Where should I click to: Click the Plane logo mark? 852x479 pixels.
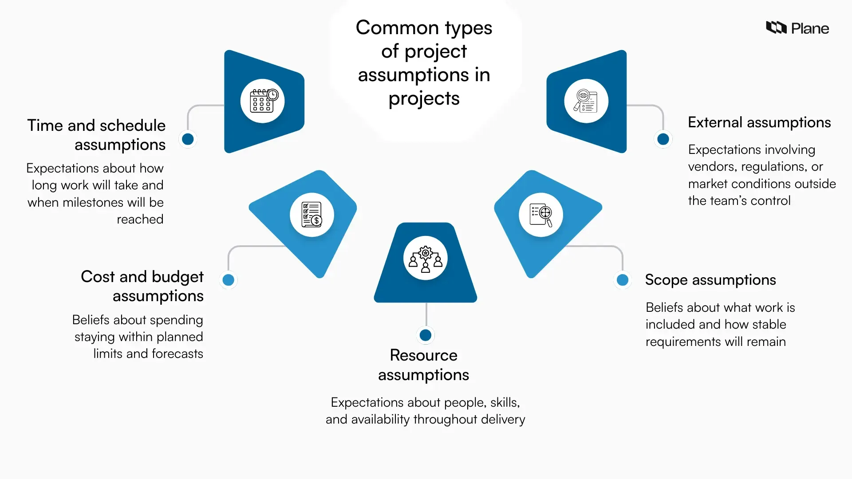point(776,27)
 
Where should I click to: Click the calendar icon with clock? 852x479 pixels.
point(263,101)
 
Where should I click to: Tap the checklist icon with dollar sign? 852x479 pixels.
point(312,215)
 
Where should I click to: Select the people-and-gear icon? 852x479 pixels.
point(425,258)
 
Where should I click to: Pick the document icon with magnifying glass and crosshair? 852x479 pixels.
point(541,215)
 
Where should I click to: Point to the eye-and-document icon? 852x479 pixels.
point(586,101)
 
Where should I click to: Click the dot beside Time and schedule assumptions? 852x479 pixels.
point(188,139)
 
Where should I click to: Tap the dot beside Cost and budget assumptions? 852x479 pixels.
point(228,280)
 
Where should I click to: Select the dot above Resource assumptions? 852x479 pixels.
point(425,335)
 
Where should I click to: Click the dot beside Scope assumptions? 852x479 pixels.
point(623,280)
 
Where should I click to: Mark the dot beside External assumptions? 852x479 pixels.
point(663,139)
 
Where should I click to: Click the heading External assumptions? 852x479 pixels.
point(759,122)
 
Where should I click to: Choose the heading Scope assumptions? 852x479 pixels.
point(710,280)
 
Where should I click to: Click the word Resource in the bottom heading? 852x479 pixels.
point(423,355)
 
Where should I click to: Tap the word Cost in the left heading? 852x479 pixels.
point(98,277)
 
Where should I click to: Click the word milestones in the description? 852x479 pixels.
point(93,203)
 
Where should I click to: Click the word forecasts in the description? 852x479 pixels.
point(177,354)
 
